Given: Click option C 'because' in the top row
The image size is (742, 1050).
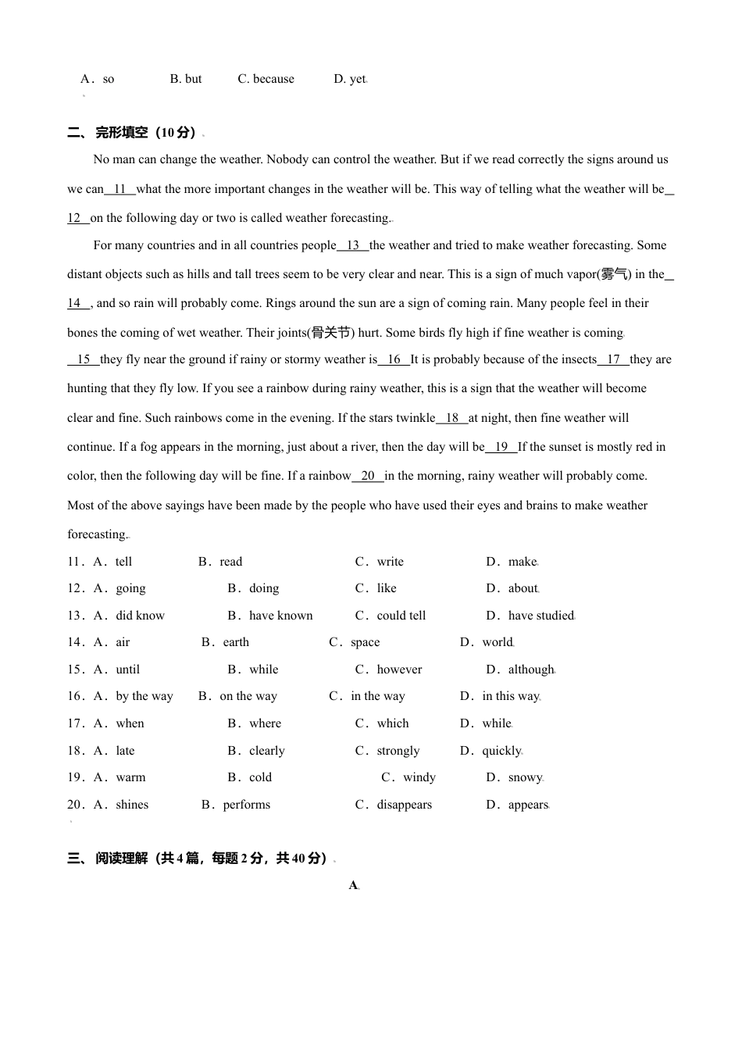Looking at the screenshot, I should tap(273, 79).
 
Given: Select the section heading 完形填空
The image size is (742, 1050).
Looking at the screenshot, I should tap(121, 133).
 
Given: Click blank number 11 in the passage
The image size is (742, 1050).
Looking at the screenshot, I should tap(120, 189).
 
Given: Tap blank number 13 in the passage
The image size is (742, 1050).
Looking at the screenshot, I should tap(353, 245).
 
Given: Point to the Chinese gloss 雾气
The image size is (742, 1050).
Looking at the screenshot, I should tap(614, 274).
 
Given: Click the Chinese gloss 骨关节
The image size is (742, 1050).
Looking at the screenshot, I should tap(331, 333).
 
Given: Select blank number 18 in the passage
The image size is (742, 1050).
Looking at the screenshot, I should tap(452, 418).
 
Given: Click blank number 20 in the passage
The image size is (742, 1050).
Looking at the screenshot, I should tap(368, 476).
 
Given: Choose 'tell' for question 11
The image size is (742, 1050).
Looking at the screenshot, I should tap(123, 562).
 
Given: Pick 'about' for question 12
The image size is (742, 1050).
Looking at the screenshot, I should tap(523, 588).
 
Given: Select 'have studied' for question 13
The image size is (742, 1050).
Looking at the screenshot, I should tap(540, 616).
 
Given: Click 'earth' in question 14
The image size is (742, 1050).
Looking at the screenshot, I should tap(236, 642).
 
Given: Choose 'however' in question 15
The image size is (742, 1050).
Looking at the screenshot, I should tap(399, 670).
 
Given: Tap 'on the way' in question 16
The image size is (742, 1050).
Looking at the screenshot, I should tap(248, 696).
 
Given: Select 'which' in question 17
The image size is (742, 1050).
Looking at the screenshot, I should tap(393, 723).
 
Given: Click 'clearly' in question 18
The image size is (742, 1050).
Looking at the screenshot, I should tap(267, 751).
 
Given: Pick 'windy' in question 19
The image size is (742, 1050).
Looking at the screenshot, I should tap(419, 777).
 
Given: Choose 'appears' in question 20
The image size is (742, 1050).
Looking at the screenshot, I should tap(528, 805).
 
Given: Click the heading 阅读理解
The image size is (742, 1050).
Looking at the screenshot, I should tap(121, 859).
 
